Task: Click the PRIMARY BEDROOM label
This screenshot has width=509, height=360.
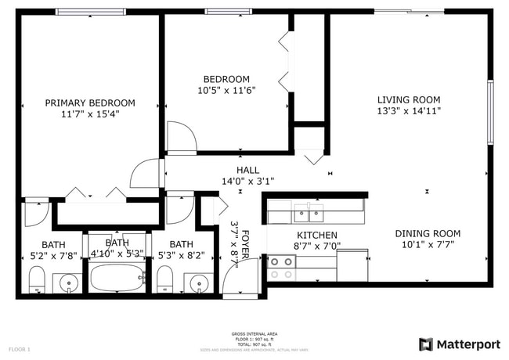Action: click(x=89, y=103)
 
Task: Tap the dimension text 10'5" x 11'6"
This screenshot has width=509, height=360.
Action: click(x=226, y=90)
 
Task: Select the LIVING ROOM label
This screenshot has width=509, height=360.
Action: click(x=408, y=99)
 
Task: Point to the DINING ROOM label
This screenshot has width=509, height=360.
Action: click(x=427, y=233)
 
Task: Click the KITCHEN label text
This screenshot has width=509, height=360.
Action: click(x=316, y=235)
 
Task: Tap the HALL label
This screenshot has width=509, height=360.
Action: click(x=247, y=170)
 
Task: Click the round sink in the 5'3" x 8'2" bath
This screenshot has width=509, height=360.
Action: click(x=199, y=283)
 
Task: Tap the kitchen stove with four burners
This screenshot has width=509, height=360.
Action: click(x=282, y=269)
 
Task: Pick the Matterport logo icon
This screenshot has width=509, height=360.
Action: click(x=426, y=344)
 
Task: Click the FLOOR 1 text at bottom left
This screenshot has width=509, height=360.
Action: click(x=19, y=348)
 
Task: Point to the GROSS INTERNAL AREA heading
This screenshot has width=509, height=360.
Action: click(x=254, y=333)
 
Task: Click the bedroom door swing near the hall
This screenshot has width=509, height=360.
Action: click(x=182, y=136)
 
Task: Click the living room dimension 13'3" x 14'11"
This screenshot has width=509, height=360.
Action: click(x=408, y=111)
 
